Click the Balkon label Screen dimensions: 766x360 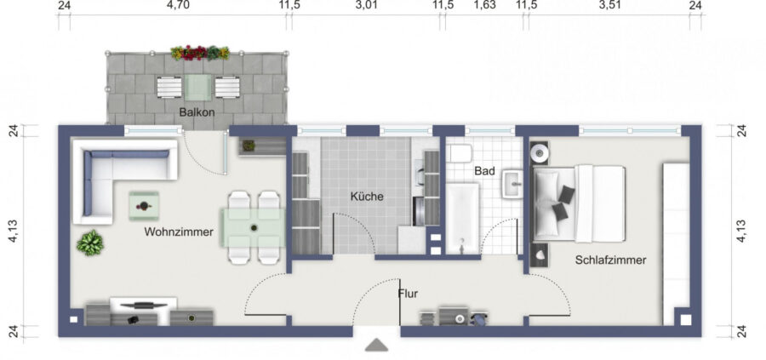click(x=197, y=112)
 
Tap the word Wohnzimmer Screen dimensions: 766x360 click(x=179, y=232)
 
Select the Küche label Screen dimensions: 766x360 click(x=367, y=197)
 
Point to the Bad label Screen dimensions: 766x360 click(x=484, y=171)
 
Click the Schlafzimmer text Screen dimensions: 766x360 click(x=610, y=260)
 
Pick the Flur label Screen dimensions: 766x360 click(x=408, y=294)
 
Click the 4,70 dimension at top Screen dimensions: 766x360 click(x=178, y=5)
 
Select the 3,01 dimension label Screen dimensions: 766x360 click(x=366, y=5)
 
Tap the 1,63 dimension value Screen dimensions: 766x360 click(x=485, y=5)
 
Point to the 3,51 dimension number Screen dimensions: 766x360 click(x=609, y=5)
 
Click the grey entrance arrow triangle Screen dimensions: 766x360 click(x=377, y=345)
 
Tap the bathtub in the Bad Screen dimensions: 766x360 click(x=463, y=219)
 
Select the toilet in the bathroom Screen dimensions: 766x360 click(x=460, y=153)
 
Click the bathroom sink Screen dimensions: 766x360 click(x=513, y=184)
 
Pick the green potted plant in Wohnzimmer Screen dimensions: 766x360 click(x=90, y=243)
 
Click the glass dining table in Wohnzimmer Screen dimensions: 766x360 click(x=253, y=227)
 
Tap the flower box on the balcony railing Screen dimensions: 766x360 click(x=200, y=53)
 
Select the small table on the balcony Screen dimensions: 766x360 click(x=198, y=88)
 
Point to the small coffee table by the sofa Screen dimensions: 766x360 click(x=144, y=206)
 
